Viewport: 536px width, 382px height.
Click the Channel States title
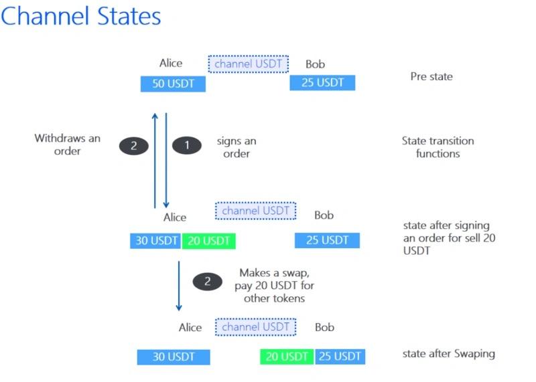[80, 15]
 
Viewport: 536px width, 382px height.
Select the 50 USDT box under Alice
[173, 84]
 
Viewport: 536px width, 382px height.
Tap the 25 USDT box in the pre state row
[322, 83]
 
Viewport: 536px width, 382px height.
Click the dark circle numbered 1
[187, 145]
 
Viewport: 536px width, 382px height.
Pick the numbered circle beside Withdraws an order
[134, 145]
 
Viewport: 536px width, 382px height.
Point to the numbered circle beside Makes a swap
[207, 282]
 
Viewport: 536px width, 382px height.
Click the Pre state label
[431, 76]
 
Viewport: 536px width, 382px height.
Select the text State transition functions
[438, 147]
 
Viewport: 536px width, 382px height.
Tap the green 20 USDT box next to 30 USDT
[208, 241]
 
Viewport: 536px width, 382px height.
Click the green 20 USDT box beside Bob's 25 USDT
[287, 357]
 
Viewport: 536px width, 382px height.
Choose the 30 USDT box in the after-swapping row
[174, 357]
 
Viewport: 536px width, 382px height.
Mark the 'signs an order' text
[237, 147]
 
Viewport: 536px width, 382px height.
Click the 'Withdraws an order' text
[68, 145]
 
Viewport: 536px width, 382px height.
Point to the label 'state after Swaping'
[449, 353]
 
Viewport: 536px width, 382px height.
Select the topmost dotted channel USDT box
[249, 64]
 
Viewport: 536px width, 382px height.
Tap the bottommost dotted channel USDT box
[255, 327]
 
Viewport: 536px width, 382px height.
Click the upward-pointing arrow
[155, 161]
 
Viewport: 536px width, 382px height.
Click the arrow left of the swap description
[179, 285]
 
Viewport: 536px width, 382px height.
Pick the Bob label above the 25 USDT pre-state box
[315, 64]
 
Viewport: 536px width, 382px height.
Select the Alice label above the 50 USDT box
[171, 64]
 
